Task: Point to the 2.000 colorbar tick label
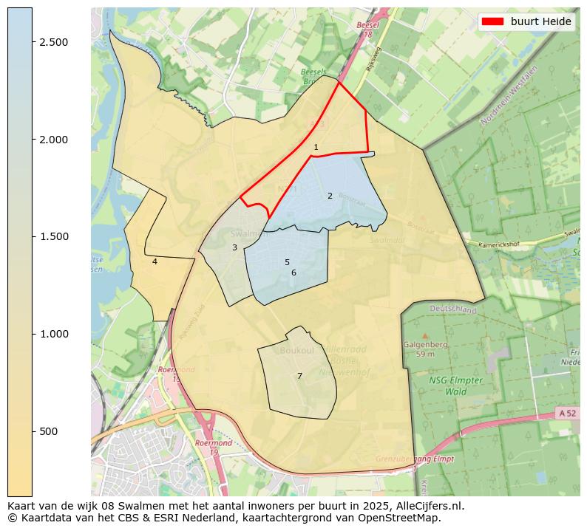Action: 54,140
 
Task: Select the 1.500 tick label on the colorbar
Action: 54,236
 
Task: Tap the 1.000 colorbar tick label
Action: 54,334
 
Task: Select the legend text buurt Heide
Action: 540,22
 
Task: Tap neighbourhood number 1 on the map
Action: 316,148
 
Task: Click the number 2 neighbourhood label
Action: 330,196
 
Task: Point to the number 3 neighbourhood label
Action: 234,248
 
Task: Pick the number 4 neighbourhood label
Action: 155,261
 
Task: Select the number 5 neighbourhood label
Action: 287,263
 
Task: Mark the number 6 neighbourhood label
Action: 293,273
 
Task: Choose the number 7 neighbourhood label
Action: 299,377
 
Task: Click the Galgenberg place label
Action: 424,344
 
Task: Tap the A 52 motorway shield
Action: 566,414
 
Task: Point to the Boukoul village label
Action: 297,351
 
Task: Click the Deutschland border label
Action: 453,309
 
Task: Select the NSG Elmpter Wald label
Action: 455,386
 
